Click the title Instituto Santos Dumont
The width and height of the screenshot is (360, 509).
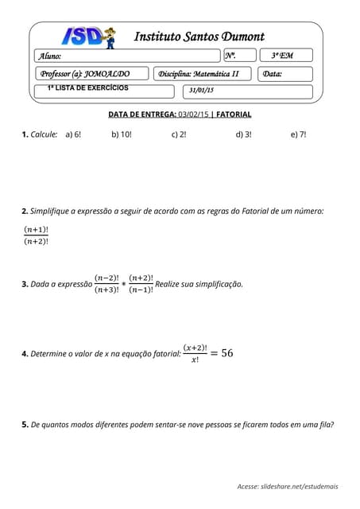pyautogui.click(x=199, y=37)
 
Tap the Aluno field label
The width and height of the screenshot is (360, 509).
pyautogui.click(x=50, y=56)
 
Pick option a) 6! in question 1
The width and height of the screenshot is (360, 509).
pyautogui.click(x=73, y=135)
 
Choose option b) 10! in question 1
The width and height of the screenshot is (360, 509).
pyautogui.click(x=122, y=135)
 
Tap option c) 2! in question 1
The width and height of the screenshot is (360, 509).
pyautogui.click(x=179, y=135)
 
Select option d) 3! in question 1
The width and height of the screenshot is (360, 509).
pyautogui.click(x=243, y=135)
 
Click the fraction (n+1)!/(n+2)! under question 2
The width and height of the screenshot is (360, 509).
pyautogui.click(x=37, y=235)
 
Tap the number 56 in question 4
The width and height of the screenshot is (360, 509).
pyautogui.click(x=226, y=353)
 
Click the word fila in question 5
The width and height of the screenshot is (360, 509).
pyautogui.click(x=326, y=425)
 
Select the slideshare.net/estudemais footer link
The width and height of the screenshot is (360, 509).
pyautogui.click(x=300, y=485)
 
